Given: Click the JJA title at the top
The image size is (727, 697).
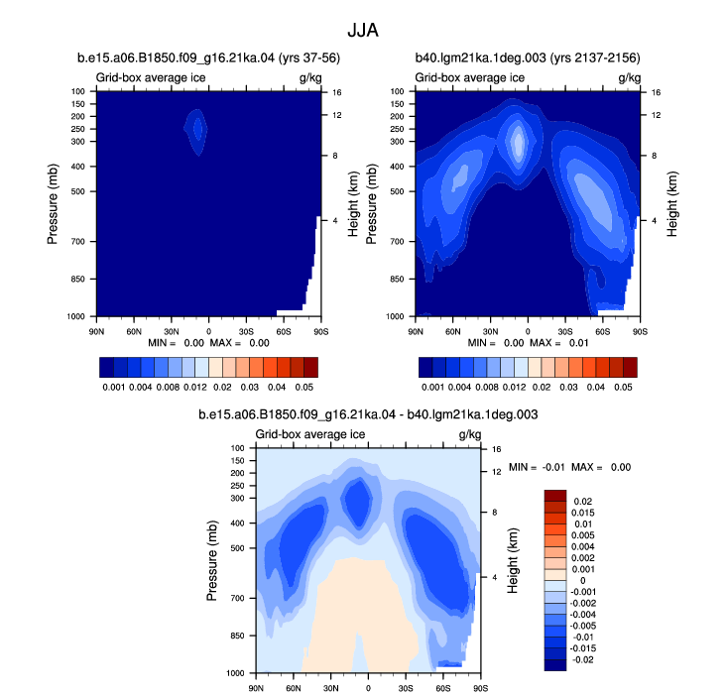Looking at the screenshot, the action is [363, 31].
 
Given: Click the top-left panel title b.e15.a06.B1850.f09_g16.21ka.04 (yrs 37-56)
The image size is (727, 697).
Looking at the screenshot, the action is [208, 58].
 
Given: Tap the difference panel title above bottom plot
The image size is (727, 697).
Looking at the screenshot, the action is [368, 414].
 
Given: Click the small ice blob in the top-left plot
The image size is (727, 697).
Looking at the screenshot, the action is [196, 132].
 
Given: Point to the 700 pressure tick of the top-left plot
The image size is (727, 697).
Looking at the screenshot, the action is [78, 242].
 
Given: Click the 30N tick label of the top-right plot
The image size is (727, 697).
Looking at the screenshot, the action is [491, 332].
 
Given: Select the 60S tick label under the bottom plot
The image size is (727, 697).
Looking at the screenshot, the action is [443, 689].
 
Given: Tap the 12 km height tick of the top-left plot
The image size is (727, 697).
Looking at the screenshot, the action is [336, 115].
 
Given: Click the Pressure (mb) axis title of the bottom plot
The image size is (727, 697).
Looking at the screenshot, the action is [211, 561].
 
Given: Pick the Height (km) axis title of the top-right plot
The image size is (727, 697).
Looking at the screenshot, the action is [672, 204].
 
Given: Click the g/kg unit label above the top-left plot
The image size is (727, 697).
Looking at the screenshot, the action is [310, 78].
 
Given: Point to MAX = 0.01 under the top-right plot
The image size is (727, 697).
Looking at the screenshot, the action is [559, 343].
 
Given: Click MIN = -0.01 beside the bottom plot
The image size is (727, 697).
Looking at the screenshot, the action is [537, 467].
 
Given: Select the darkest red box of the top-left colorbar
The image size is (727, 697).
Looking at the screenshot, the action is [311, 367].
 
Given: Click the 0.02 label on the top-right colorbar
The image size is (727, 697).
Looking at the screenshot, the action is [542, 387].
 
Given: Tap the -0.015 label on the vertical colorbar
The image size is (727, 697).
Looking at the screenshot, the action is [583, 648].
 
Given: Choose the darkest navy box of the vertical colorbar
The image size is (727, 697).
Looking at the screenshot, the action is [555, 665].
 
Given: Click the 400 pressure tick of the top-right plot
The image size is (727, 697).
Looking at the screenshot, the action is [397, 167].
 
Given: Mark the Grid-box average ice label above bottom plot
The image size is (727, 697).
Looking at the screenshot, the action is [310, 434].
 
